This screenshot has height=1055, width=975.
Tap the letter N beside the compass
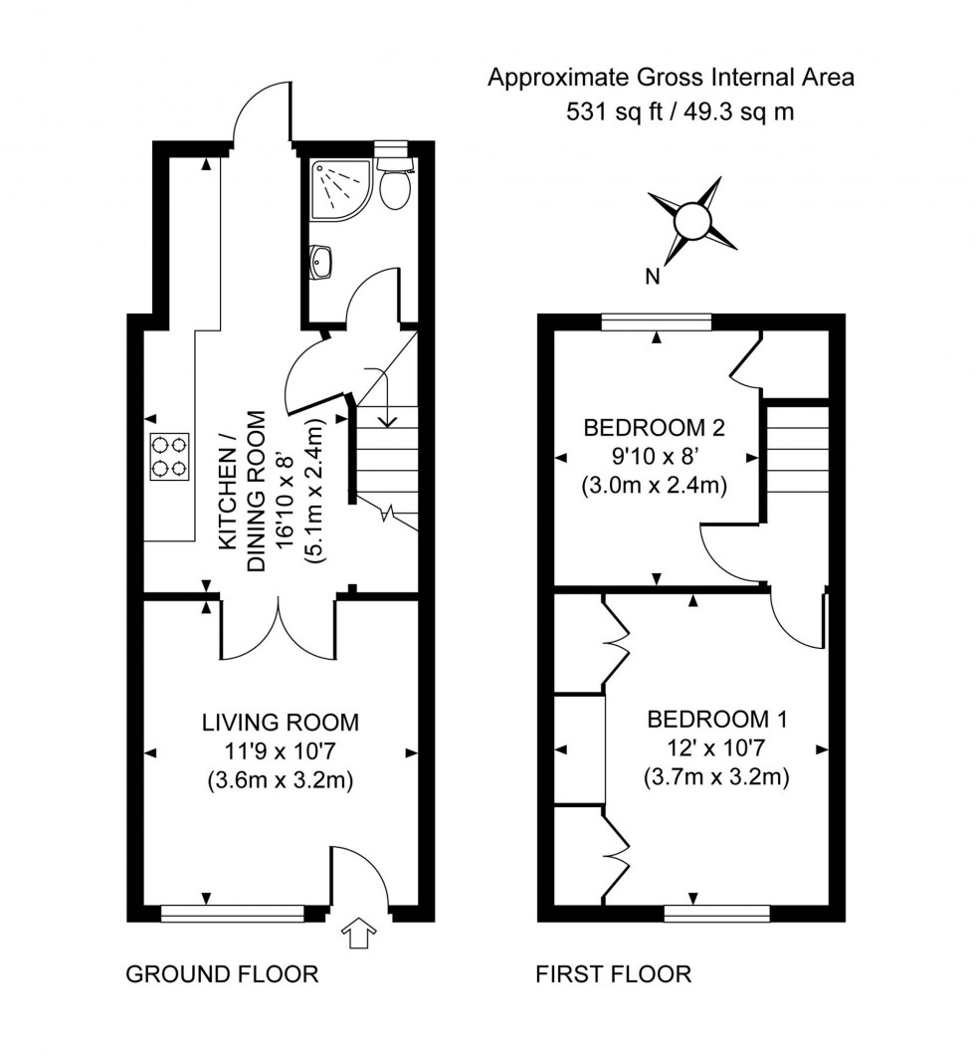tap(653, 278)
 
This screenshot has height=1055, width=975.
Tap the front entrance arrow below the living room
tap(358, 935)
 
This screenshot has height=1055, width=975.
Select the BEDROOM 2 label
tap(654, 429)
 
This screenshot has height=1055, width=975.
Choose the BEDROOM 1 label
tap(717, 719)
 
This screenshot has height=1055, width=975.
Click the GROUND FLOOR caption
tap(222, 973)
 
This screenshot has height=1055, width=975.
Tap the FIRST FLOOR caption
tap(613, 973)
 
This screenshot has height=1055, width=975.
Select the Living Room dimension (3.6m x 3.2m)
tap(280, 781)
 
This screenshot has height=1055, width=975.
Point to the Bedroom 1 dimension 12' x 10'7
tap(717, 748)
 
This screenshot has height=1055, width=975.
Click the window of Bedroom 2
tap(657, 321)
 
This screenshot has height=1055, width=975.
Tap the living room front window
tap(233, 913)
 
